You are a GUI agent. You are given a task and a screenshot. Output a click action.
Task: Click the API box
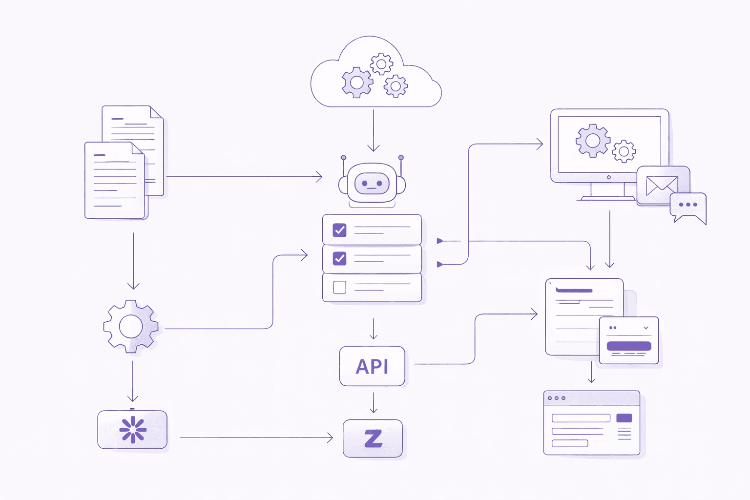[x=372, y=366]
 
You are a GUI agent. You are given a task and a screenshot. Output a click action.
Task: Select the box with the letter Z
[x=373, y=438]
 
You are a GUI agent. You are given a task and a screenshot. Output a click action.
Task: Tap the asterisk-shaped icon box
[x=132, y=430]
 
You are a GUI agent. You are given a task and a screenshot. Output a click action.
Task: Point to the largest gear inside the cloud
[x=357, y=83]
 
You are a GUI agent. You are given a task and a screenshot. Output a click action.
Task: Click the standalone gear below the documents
[x=131, y=326]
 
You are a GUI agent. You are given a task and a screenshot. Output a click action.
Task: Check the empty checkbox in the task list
[x=339, y=287]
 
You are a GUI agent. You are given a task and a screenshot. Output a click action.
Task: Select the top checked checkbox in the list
[x=339, y=230]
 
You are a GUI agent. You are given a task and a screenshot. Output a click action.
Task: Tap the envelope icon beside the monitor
[x=662, y=186]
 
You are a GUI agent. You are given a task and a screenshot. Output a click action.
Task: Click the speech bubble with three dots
[x=688, y=205]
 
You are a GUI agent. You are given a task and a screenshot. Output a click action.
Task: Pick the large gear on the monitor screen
[x=593, y=141]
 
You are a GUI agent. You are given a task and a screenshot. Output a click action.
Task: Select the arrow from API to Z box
[x=374, y=403]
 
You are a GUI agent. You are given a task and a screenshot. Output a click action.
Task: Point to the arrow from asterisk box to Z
[x=256, y=438]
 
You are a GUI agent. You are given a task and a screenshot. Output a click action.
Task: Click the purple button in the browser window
[x=624, y=418]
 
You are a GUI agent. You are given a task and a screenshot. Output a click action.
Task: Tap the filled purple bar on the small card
[x=628, y=346]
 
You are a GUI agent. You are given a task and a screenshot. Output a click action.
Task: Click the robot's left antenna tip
[x=344, y=158]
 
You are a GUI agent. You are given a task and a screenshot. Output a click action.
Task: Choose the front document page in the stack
[x=115, y=181]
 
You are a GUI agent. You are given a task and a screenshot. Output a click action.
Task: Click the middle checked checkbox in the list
[x=339, y=258]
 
